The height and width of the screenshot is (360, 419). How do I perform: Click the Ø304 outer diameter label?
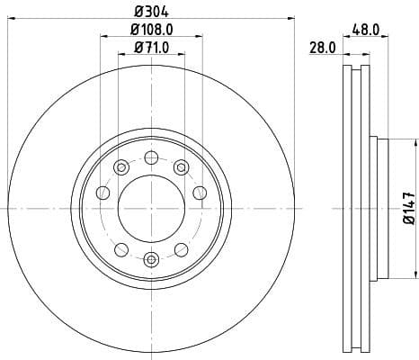point(151,12)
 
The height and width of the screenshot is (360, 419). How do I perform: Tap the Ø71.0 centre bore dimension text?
point(151,48)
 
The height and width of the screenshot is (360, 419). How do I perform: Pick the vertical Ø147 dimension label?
point(408,206)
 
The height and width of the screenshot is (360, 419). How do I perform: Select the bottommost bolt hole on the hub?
point(151,260)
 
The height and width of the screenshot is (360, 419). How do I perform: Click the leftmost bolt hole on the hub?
point(103,193)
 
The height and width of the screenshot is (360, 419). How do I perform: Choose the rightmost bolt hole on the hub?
point(199,193)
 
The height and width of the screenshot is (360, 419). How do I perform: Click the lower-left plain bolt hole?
point(120,249)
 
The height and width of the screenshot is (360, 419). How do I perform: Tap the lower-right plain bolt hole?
point(181,249)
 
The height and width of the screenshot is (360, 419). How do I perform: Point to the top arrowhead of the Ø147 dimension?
point(416,143)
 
